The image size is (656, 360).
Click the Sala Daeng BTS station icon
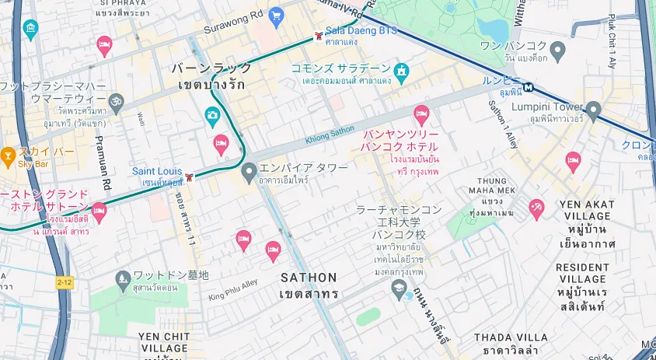(x=319, y=37)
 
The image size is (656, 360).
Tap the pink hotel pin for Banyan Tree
(x=422, y=115)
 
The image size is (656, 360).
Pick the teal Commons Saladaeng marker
(x=401, y=72)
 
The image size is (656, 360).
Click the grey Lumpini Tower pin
(x=594, y=110)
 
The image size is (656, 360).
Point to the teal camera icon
(x=211, y=116)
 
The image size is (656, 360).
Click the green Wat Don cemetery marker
(x=122, y=278)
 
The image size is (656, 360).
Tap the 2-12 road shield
(x=65, y=281)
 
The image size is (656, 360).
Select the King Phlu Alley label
(x=233, y=290)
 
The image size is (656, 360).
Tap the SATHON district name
(x=309, y=278)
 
